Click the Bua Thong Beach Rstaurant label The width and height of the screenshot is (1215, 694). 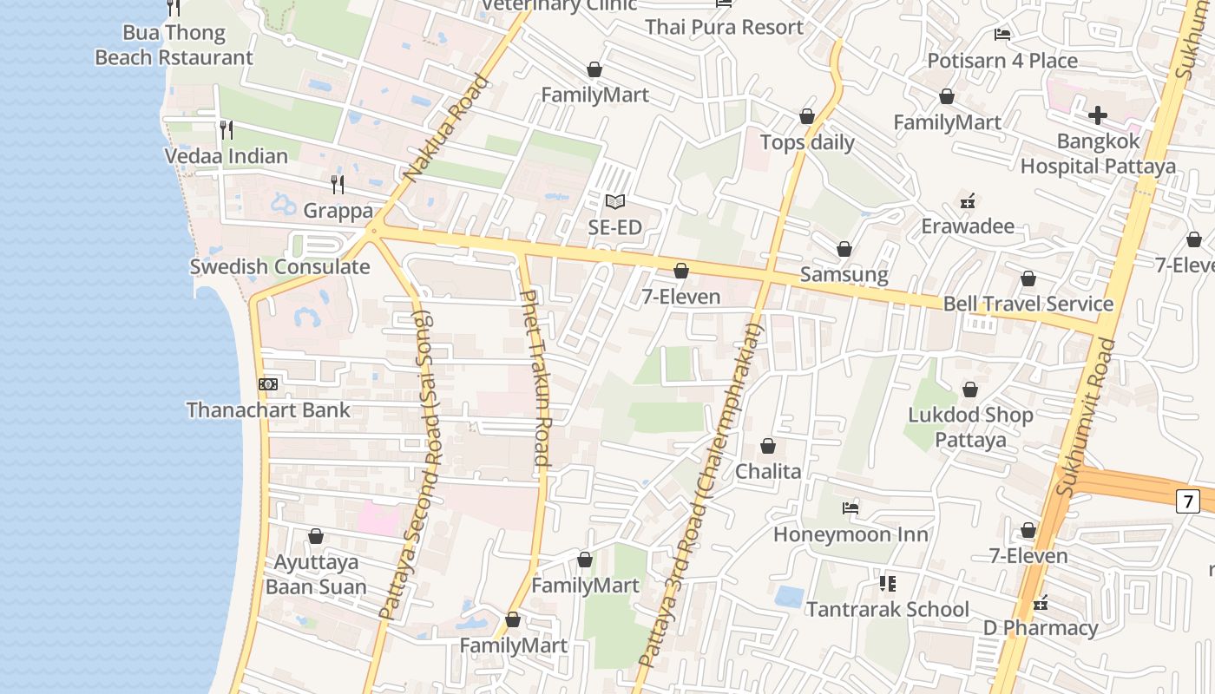(x=174, y=45)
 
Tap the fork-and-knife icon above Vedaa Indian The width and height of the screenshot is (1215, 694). (x=227, y=130)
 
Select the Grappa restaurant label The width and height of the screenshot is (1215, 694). (x=338, y=211)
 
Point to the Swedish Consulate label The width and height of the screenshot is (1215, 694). (x=279, y=266)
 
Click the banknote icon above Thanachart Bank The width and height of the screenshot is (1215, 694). (x=268, y=383)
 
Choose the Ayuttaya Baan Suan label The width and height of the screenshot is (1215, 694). (x=316, y=574)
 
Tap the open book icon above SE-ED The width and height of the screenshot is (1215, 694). (x=615, y=202)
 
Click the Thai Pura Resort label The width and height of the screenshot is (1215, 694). (x=724, y=27)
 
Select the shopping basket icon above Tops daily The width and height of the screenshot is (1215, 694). (x=807, y=116)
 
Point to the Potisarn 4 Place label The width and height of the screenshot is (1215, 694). (x=1002, y=61)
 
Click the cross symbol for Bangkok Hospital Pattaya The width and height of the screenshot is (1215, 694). (x=1098, y=115)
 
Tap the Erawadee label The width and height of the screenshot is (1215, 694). (x=968, y=226)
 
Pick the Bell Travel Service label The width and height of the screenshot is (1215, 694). (x=1028, y=304)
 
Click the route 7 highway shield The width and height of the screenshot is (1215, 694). (x=1187, y=501)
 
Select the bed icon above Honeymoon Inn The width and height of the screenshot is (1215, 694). (x=850, y=508)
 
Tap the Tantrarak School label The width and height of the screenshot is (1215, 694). (x=888, y=609)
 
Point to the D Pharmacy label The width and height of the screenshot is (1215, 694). (x=1041, y=627)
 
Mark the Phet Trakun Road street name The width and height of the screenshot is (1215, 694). (x=535, y=378)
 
